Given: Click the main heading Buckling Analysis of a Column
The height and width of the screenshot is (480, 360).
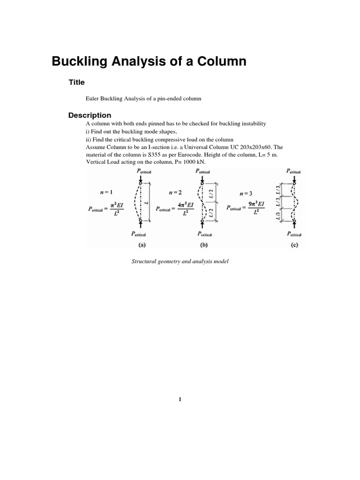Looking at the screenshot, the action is point(149,61).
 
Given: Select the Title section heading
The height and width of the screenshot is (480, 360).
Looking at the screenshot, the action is point(76,82).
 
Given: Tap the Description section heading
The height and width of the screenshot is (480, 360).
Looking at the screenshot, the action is point(90,115).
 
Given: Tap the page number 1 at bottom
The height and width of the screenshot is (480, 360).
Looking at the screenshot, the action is point(180,399).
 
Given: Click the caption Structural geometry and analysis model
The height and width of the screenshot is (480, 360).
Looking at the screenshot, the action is point(180,261).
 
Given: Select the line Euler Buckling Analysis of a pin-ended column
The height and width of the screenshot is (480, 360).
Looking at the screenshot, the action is point(143,99).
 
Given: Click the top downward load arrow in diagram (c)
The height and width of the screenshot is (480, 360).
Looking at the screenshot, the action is point(293,178).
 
